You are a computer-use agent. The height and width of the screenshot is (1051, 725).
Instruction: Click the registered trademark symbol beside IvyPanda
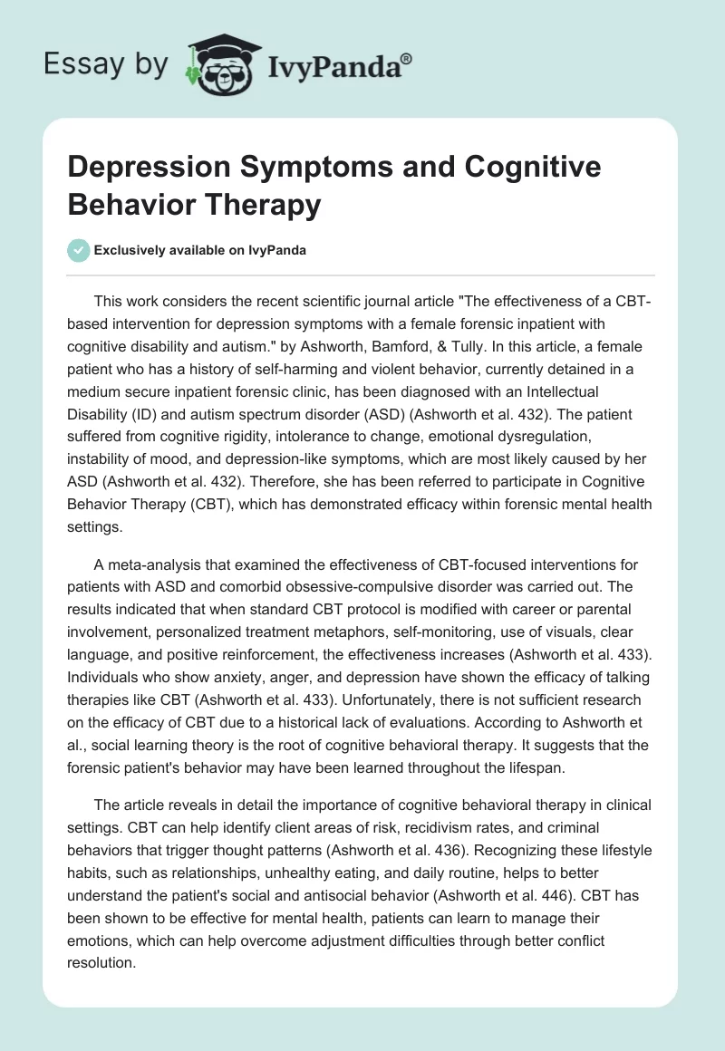[407, 59]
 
